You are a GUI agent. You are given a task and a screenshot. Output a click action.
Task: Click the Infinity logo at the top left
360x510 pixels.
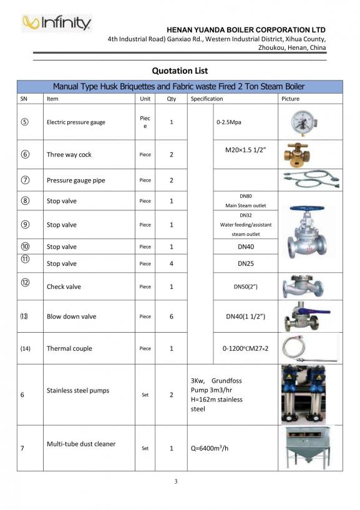[x=56, y=23]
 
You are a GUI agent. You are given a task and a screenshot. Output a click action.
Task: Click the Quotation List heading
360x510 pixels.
[x=180, y=71]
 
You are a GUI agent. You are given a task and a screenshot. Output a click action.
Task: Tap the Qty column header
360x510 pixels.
[x=171, y=99]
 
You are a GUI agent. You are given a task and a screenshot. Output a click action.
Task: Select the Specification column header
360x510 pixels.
[x=207, y=99]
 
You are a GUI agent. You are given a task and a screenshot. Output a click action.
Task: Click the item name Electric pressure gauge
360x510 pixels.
[x=76, y=122]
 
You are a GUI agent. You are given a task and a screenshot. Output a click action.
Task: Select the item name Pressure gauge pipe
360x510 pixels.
[x=76, y=180]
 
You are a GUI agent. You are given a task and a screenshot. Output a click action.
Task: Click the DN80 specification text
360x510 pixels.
[x=245, y=196]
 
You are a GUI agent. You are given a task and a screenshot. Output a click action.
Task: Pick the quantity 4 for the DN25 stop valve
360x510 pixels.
[x=171, y=263]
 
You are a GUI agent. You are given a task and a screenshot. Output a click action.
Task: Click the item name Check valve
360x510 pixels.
[x=64, y=287]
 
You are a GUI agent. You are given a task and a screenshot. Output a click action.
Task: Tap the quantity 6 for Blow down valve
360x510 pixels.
[x=171, y=316]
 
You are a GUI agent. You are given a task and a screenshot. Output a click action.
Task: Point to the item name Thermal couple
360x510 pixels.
[x=69, y=348]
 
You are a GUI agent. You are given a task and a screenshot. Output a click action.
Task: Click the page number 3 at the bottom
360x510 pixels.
[x=176, y=481]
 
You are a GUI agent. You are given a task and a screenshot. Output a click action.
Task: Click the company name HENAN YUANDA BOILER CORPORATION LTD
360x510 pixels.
[x=246, y=29]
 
